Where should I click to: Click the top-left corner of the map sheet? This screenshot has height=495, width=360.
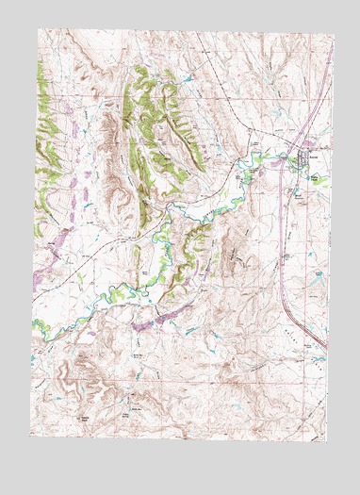click(x=39, y=29)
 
